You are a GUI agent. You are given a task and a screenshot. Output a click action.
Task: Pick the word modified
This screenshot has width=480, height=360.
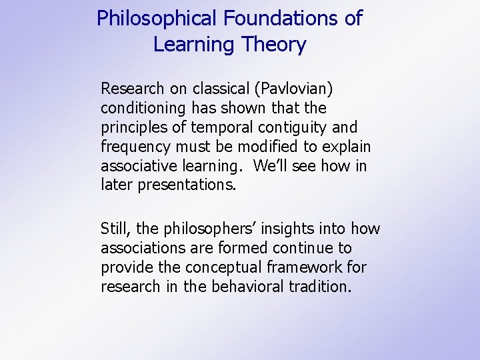click(257, 147)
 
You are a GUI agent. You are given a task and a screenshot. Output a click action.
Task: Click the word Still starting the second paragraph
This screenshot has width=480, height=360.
click(115, 229)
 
